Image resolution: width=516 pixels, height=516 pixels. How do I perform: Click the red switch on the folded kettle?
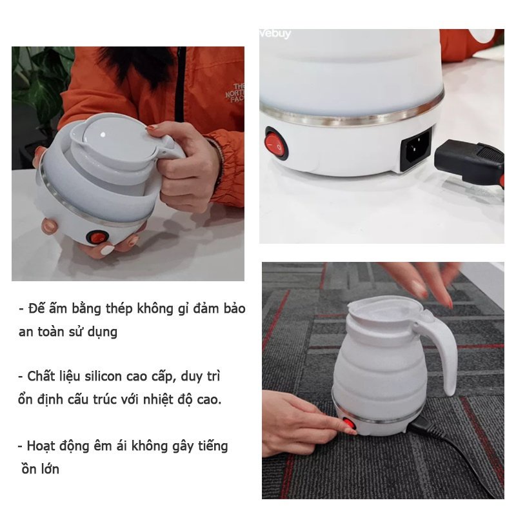click(x=97, y=237)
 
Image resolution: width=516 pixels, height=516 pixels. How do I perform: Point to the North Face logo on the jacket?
click(x=235, y=93)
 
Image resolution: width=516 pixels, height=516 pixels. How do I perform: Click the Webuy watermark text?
click(x=275, y=34)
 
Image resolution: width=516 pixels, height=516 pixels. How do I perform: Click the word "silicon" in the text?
click(x=103, y=376)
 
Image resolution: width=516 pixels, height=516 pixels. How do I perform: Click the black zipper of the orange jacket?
click(x=180, y=84)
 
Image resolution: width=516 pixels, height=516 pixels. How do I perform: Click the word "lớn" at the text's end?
click(x=50, y=469)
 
